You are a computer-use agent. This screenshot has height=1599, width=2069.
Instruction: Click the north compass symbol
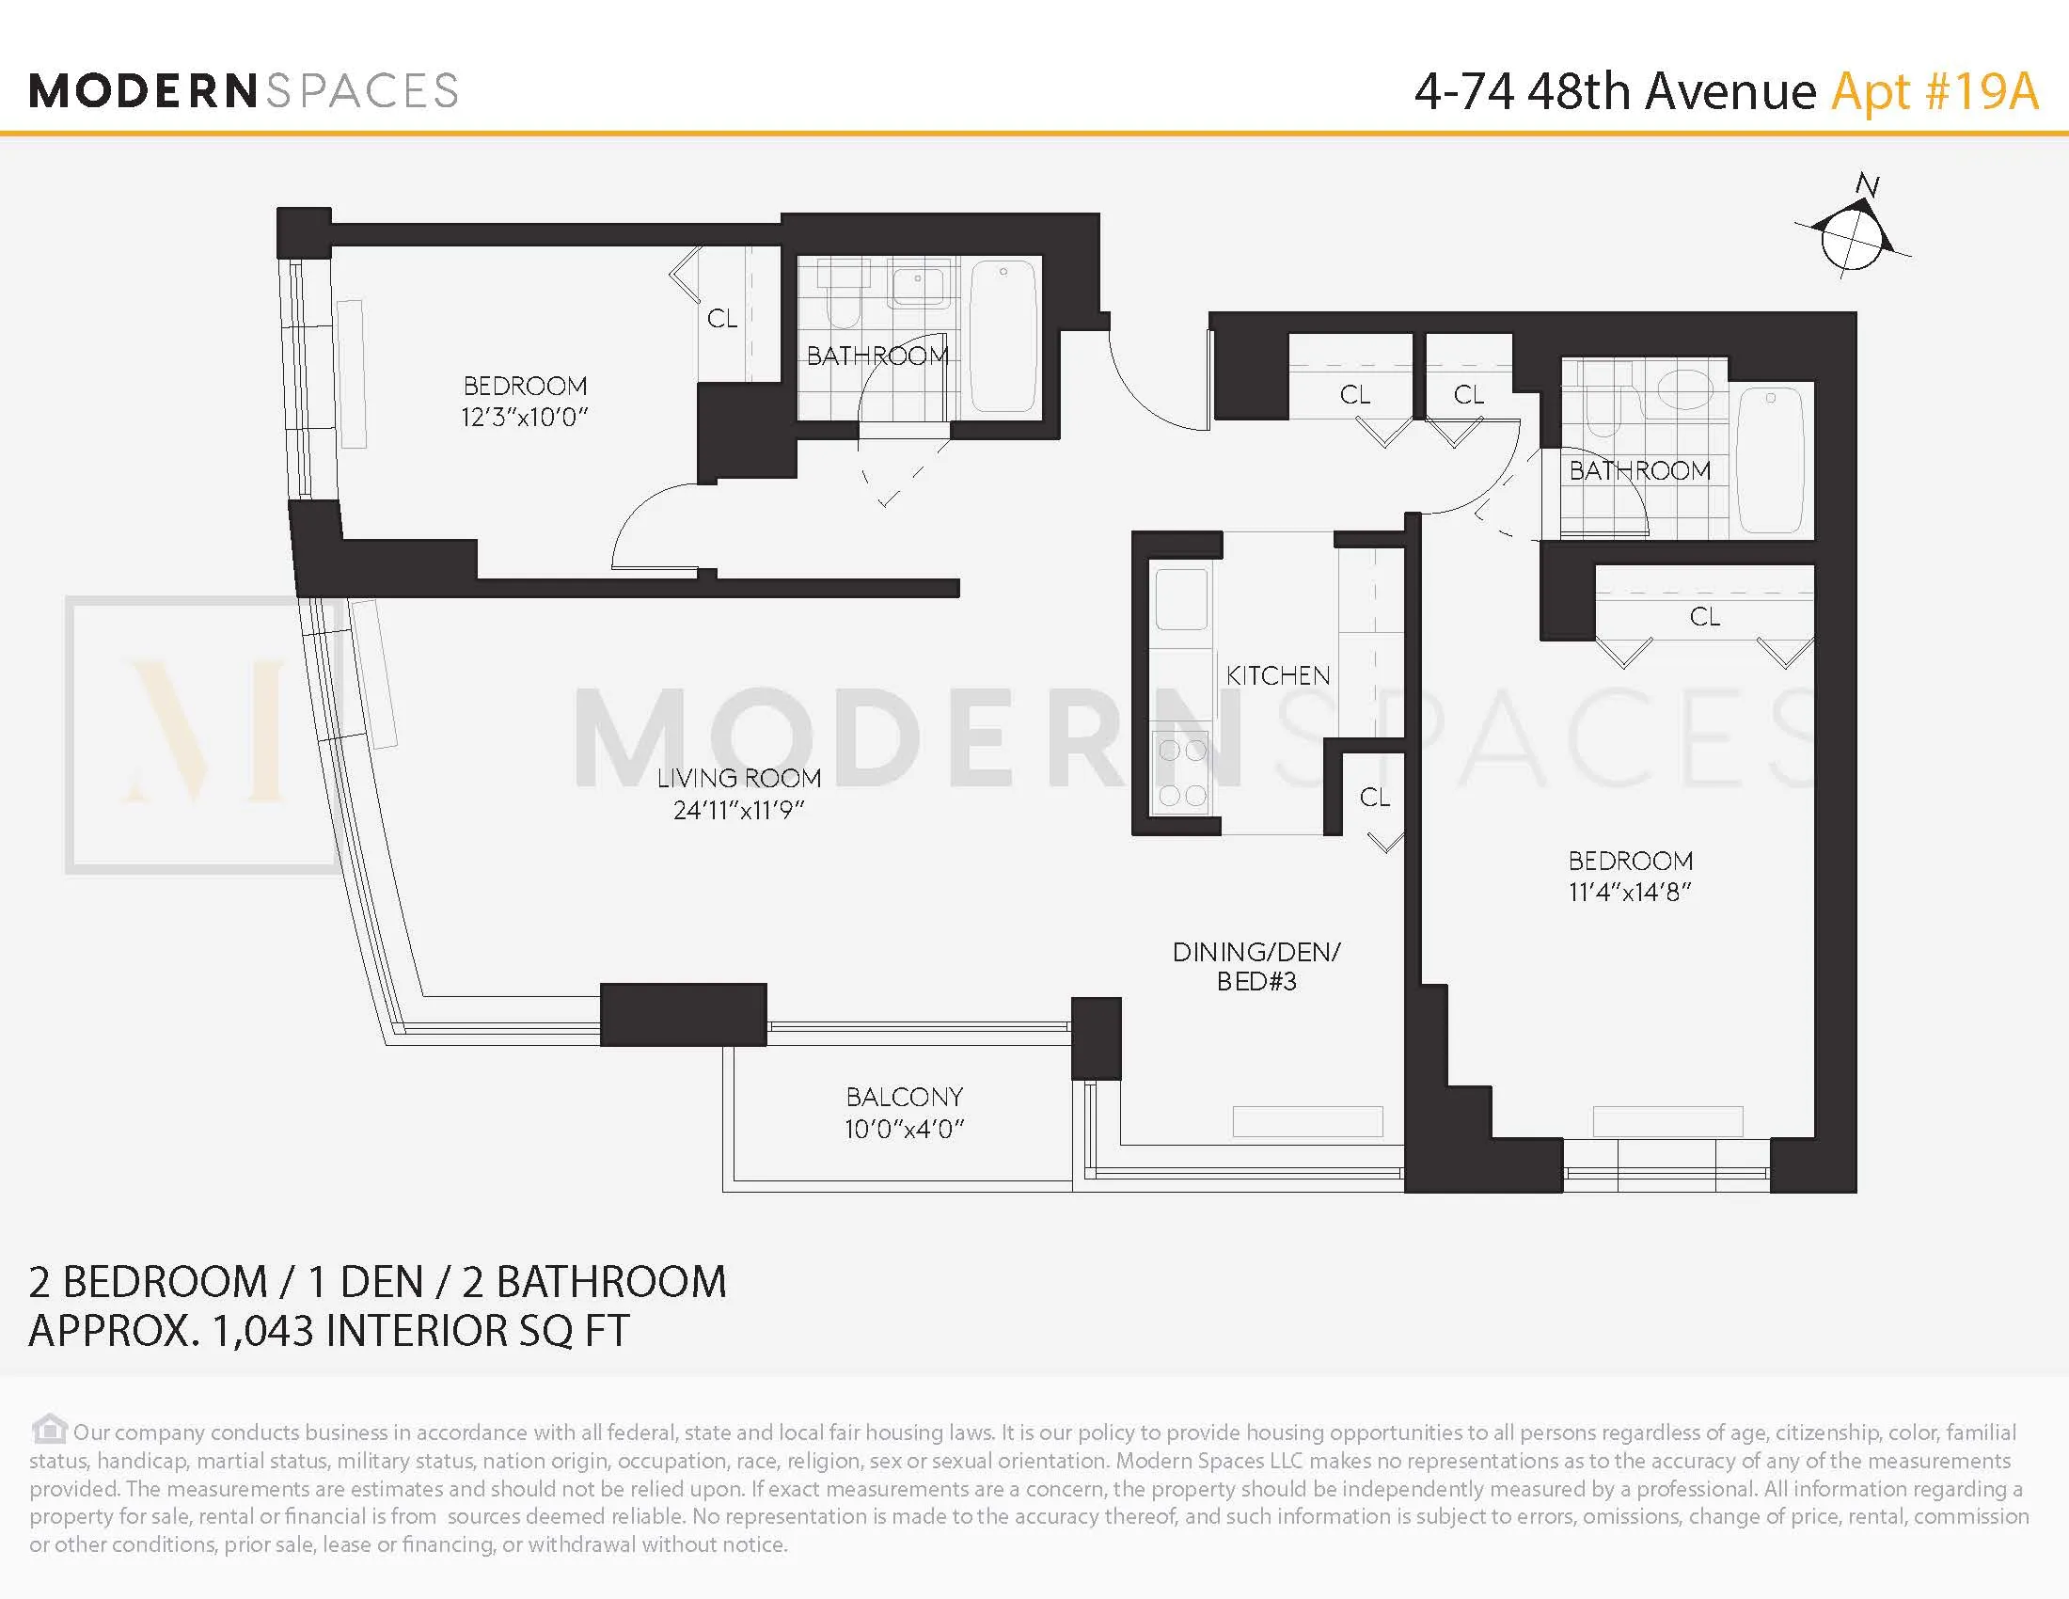[1850, 238]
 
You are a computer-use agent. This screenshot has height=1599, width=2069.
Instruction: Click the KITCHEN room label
[1277, 675]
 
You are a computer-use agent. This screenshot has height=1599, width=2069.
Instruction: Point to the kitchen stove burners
[1181, 773]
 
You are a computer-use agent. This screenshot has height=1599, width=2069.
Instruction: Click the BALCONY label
[904, 1097]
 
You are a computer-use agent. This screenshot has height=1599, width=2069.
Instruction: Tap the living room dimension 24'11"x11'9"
[738, 810]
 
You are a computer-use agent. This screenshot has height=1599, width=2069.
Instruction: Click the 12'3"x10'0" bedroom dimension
[525, 418]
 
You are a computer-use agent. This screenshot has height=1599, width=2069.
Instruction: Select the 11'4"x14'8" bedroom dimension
[1630, 892]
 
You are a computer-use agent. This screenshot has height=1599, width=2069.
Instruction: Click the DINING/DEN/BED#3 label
[1256, 966]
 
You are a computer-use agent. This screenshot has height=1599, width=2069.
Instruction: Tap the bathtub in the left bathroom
[1003, 336]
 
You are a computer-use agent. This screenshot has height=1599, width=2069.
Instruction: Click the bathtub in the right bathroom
[1771, 461]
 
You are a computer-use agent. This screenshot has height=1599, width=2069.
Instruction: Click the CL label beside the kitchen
[1375, 798]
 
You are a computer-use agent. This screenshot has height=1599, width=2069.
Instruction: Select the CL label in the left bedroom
[722, 318]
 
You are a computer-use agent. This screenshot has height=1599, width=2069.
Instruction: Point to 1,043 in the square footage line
[262, 1330]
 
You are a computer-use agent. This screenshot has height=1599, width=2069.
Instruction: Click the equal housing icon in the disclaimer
[48, 1429]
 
